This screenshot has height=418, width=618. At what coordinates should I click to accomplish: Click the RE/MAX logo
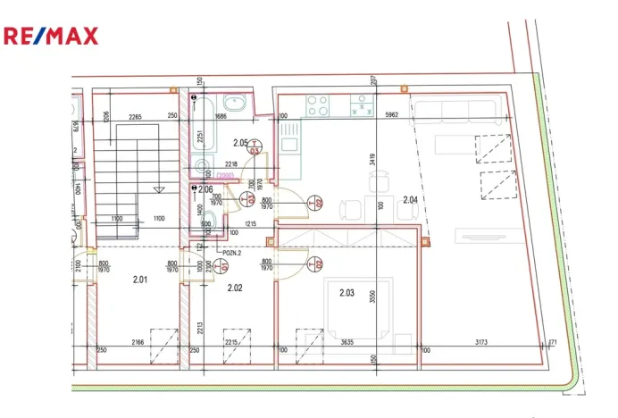pyautogui.click(x=51, y=36)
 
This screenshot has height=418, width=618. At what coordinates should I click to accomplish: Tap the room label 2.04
pyautogui.click(x=411, y=199)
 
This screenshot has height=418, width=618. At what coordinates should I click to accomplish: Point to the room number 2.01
pyautogui.click(x=140, y=280)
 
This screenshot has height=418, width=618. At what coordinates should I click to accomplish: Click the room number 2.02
pyautogui.click(x=235, y=288)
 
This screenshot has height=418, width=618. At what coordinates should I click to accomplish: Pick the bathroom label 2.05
pyautogui.click(x=239, y=143)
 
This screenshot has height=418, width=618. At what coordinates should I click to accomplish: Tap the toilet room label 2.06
pyautogui.click(x=205, y=189)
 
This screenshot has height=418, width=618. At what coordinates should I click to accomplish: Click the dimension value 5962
pyautogui.click(x=391, y=116)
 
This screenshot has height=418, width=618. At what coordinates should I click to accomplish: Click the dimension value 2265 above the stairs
pyautogui.click(x=135, y=116)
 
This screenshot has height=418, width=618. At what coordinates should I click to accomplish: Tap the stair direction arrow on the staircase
pyautogui.click(x=157, y=189)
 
